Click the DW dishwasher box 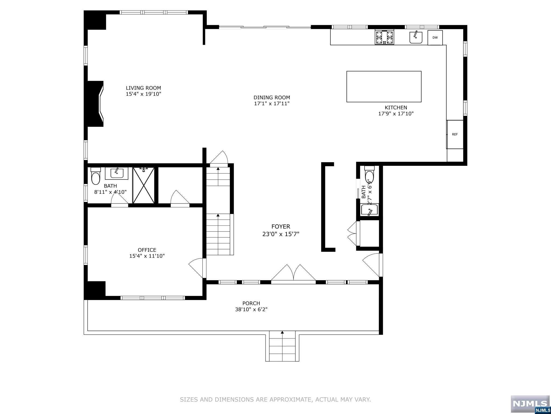435,38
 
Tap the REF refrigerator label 455,134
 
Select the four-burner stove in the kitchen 384,37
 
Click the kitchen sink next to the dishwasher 416,37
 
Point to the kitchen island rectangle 384,87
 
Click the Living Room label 143,88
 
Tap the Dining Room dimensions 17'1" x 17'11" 272,103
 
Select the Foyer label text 281,227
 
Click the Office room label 147,250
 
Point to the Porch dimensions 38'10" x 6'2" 251,309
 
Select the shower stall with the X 144,185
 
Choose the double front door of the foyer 293,274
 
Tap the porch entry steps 282,346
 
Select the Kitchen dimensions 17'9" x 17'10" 396,114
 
